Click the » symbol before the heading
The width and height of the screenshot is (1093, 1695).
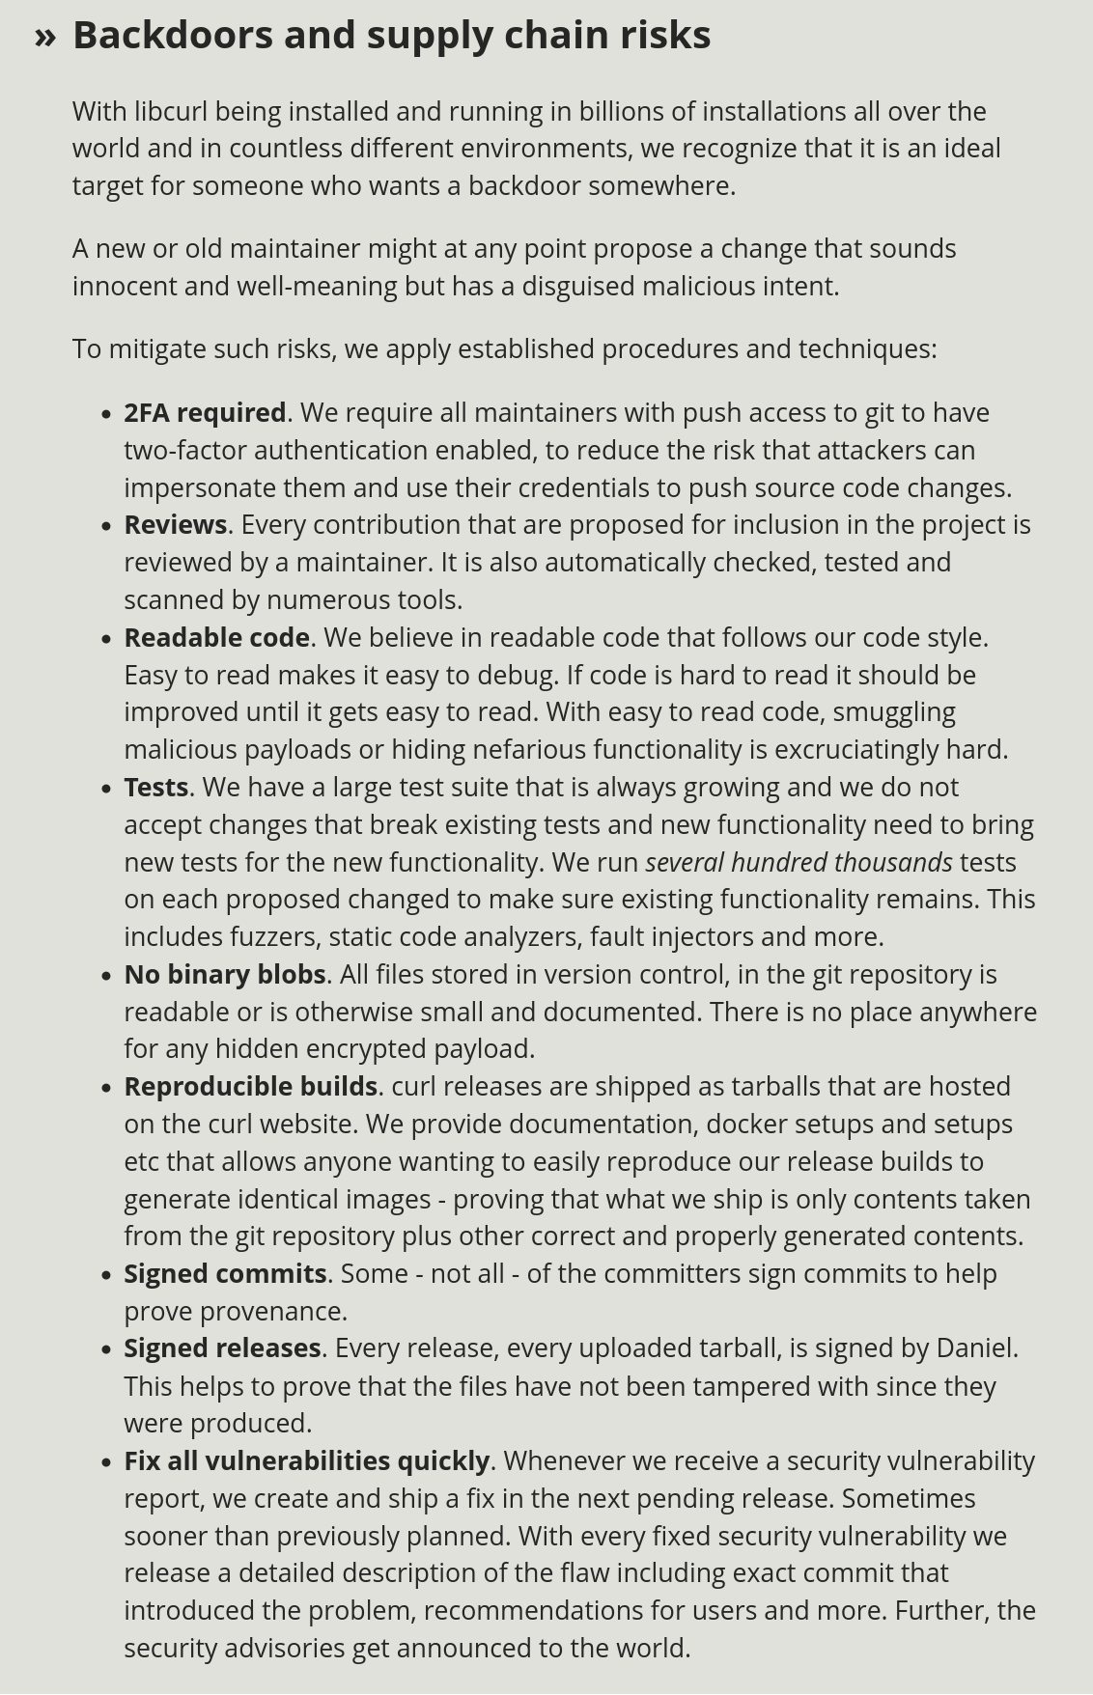click(x=45, y=36)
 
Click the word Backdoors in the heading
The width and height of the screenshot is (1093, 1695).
click(x=173, y=36)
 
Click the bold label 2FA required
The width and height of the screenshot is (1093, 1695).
click(x=205, y=413)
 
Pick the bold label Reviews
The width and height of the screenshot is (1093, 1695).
click(x=175, y=525)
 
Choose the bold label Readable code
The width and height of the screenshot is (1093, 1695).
click(x=216, y=638)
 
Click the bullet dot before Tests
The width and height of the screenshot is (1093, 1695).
click(x=106, y=789)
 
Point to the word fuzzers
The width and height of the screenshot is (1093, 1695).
click(x=274, y=937)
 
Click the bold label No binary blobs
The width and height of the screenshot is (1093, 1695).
click(x=225, y=975)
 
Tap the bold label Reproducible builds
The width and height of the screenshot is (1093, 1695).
click(x=250, y=1087)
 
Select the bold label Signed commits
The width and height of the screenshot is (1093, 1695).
click(x=225, y=1274)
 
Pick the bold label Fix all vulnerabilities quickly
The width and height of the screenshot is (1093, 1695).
click(x=307, y=1461)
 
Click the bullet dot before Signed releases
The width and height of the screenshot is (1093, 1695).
click(x=106, y=1350)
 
